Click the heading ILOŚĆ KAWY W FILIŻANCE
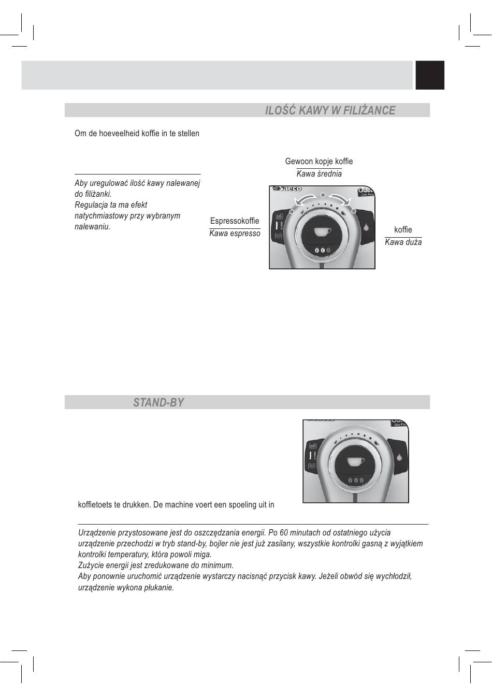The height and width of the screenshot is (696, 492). [330, 110]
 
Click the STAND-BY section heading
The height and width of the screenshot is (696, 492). [158, 402]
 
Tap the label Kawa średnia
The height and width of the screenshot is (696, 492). [319, 174]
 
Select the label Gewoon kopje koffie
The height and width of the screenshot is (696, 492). [319, 162]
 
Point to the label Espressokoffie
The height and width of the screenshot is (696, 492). [235, 221]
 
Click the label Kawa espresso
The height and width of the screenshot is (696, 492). [235, 234]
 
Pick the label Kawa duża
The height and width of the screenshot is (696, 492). [403, 242]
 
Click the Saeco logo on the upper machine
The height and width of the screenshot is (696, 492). [288, 189]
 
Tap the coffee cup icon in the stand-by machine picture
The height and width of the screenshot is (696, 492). [356, 461]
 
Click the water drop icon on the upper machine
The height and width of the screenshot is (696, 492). [366, 227]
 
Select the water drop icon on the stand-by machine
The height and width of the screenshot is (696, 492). [399, 457]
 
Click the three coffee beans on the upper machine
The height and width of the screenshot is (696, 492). [322, 250]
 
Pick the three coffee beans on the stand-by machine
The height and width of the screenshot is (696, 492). [356, 481]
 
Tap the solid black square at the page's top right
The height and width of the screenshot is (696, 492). [430, 75]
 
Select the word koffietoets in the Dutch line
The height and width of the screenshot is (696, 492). [96, 504]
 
